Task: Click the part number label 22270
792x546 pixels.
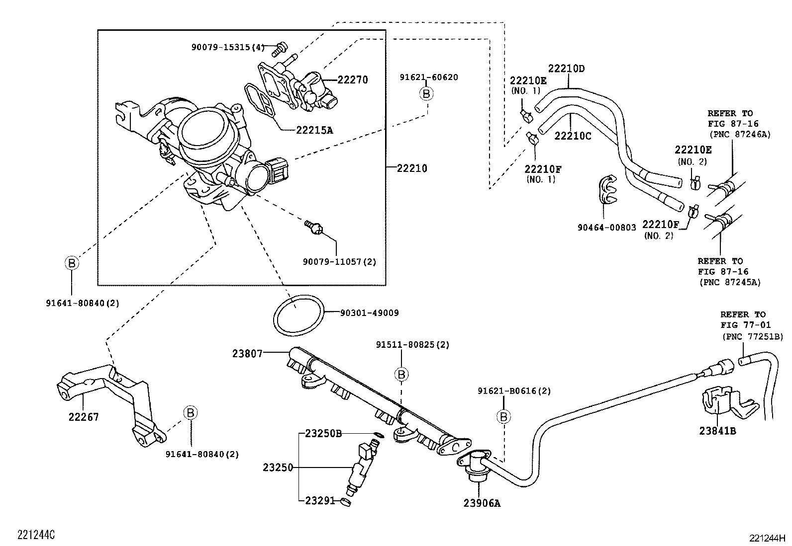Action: click(352, 79)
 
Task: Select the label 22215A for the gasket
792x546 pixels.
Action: click(314, 130)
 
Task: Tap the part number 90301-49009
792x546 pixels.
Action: click(369, 313)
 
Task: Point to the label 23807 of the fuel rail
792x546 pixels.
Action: click(247, 354)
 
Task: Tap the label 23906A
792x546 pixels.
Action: click(482, 503)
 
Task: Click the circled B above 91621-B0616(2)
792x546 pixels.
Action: click(503, 416)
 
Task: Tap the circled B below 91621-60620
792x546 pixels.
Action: click(426, 93)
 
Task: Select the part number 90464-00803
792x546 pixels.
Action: click(606, 228)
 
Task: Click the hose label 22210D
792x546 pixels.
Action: click(566, 69)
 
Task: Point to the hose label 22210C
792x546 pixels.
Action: click(573, 136)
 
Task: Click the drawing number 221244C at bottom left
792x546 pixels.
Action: click(36, 535)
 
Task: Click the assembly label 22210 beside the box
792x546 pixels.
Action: click(412, 168)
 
